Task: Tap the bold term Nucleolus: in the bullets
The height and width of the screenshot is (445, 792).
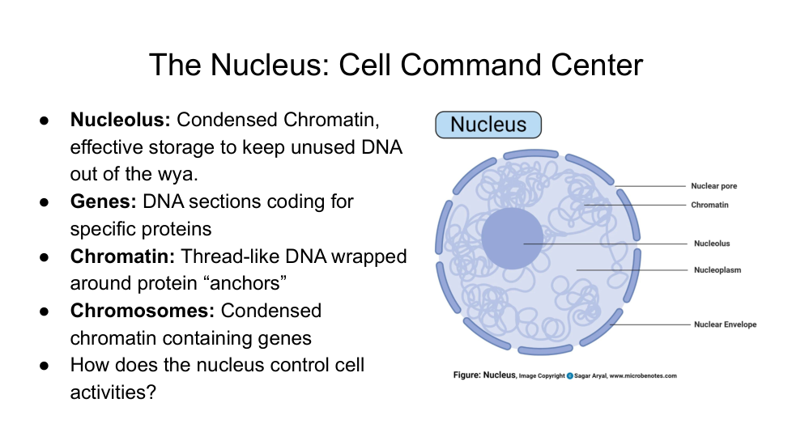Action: click(120, 121)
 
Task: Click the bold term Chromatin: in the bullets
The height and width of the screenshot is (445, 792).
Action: click(122, 256)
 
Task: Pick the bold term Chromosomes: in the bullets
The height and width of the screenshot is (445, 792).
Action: click(142, 311)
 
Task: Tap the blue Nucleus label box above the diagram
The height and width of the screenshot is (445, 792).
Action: click(488, 125)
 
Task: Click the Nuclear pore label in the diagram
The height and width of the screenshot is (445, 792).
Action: click(713, 186)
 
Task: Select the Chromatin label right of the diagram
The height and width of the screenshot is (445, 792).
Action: click(709, 205)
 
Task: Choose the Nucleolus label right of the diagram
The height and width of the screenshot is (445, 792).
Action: click(712, 244)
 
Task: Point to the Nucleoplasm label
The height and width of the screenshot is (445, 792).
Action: click(717, 270)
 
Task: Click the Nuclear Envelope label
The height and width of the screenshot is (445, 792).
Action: click(725, 324)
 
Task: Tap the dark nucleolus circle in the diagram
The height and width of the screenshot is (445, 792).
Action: click(512, 239)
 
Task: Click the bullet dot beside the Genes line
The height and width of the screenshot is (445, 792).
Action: click(45, 201)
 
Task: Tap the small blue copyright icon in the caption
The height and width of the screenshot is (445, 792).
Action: click(570, 375)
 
